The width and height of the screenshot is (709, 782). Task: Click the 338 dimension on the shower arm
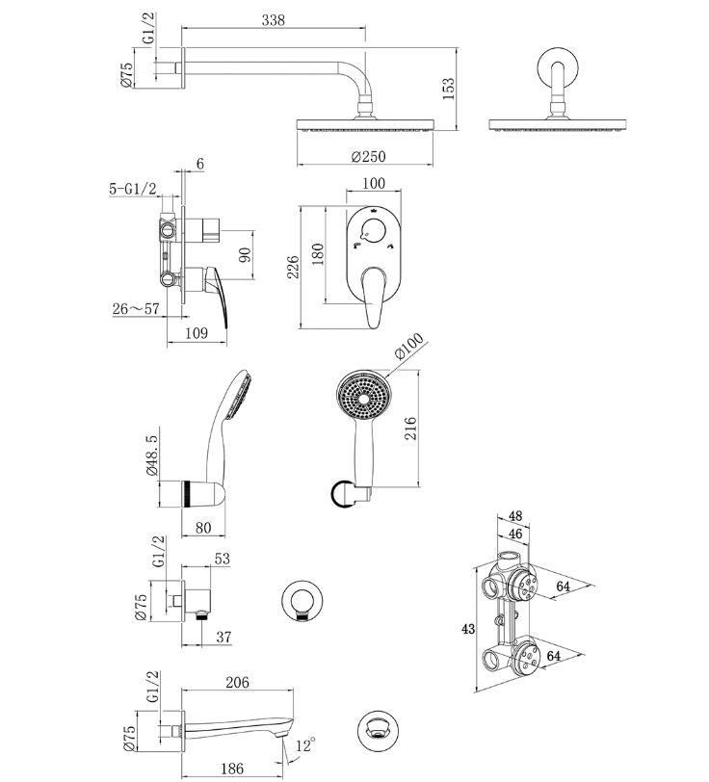click(x=273, y=20)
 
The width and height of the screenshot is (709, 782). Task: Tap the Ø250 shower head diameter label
click(x=368, y=157)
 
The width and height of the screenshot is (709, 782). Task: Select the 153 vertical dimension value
click(x=449, y=89)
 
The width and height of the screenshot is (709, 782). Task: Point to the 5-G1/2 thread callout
click(x=133, y=189)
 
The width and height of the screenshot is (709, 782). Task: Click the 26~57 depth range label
click(x=136, y=309)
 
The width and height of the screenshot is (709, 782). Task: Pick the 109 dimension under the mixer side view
click(x=197, y=333)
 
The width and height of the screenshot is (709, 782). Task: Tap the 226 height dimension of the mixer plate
click(x=293, y=267)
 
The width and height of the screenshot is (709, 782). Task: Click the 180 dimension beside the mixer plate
click(x=317, y=254)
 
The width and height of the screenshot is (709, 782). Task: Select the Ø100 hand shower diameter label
click(x=409, y=345)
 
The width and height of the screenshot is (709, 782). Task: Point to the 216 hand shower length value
click(x=410, y=428)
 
